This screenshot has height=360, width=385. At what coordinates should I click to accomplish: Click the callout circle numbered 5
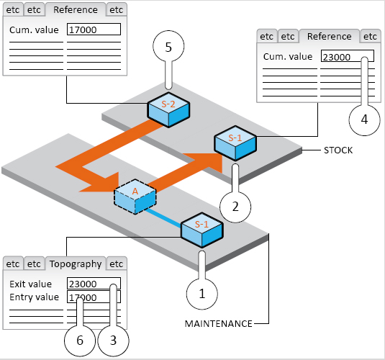(x=168, y=46)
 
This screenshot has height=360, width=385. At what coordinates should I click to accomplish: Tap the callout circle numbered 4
(x=364, y=120)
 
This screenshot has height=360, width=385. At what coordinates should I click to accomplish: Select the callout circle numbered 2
(x=235, y=207)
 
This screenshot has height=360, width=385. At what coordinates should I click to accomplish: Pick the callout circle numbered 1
(x=201, y=294)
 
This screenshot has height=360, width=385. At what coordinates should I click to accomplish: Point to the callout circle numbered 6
(x=80, y=341)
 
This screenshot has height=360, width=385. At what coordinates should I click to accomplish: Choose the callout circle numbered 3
(x=113, y=341)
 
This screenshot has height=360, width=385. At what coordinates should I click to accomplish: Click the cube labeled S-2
(x=168, y=110)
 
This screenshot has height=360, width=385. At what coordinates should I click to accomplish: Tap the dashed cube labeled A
(x=135, y=197)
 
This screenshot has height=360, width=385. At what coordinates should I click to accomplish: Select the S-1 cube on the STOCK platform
(x=235, y=143)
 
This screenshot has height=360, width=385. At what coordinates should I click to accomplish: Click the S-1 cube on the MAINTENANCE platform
(x=201, y=230)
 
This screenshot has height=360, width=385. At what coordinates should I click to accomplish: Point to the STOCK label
(x=338, y=150)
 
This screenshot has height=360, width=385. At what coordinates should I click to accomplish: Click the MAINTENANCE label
(x=218, y=323)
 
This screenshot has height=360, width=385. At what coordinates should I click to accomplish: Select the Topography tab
(x=76, y=264)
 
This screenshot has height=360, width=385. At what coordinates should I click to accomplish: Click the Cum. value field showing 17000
(x=94, y=30)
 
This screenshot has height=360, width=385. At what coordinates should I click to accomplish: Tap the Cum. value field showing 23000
(x=348, y=56)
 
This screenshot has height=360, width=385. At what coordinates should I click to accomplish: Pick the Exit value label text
(x=31, y=284)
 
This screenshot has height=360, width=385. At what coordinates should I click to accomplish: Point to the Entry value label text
(x=34, y=297)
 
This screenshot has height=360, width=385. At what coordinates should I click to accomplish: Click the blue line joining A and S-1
(x=163, y=217)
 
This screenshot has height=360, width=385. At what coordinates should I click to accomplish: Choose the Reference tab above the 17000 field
(x=76, y=10)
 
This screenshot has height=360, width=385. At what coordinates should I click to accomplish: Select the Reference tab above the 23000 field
(x=330, y=37)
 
